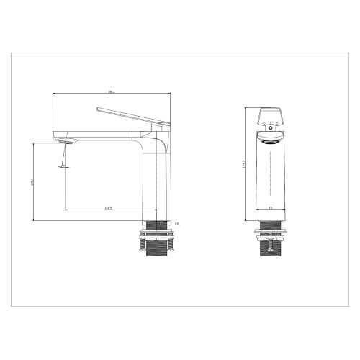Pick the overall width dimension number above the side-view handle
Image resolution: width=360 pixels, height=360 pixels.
tap(111, 91)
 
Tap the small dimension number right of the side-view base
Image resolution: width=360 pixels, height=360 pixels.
tap(176, 223)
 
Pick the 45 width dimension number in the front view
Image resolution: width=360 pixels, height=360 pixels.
tap(270, 209)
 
